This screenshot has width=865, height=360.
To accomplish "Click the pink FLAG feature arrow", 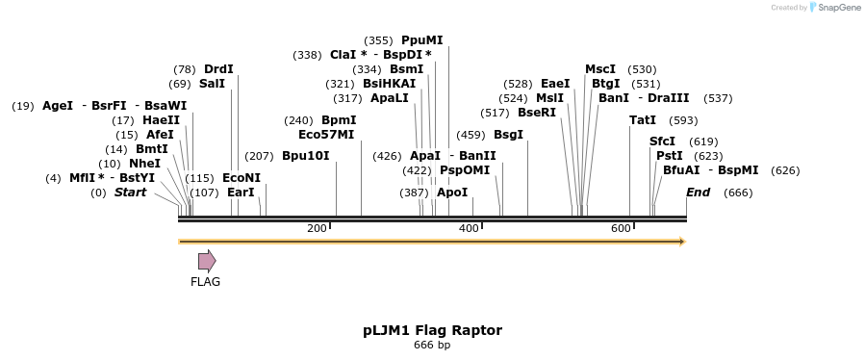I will tap(207, 260).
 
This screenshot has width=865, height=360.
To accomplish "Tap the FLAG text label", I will tap(206, 282).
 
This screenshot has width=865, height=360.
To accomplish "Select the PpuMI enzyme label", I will tap(422, 40).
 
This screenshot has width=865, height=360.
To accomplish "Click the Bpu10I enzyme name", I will tap(306, 156).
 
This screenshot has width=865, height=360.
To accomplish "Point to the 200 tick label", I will tap(317, 228).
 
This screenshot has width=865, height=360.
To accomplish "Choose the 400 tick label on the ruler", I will tap(469, 228).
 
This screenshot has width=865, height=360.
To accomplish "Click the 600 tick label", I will tap(621, 228).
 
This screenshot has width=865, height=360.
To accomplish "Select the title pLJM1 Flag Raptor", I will tap(432, 330).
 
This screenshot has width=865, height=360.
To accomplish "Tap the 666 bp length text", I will tap(432, 345).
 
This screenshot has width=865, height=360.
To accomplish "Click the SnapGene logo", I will tap(835, 8).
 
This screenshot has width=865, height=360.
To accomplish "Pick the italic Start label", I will tap(131, 193).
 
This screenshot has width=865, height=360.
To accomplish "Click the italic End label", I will tap(698, 193).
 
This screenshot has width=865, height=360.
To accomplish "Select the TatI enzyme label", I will tap(643, 120).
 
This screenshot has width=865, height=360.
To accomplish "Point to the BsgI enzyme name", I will tap(508, 135).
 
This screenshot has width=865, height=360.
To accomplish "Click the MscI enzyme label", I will tap(600, 69).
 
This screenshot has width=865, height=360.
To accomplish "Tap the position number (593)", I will tap(683, 120).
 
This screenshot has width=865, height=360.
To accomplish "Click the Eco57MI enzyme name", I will tap(326, 135).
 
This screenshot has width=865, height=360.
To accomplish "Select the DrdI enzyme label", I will tap(218, 69).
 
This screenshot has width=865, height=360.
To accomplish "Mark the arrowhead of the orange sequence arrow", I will tap(681, 241).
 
